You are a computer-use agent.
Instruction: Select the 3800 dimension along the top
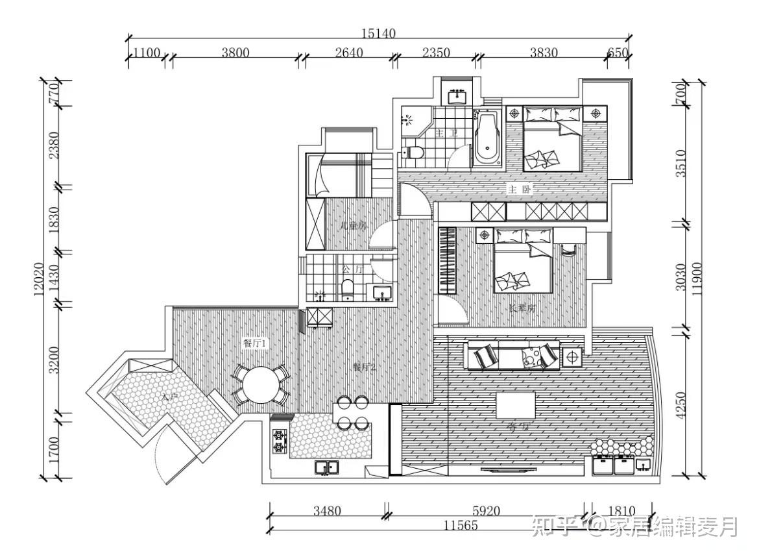click(x=235, y=53)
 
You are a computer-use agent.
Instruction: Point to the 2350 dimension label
click(x=435, y=53)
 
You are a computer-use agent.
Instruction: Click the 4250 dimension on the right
click(x=681, y=404)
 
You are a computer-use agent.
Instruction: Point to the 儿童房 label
click(x=354, y=226)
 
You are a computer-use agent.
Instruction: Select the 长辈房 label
click(x=522, y=308)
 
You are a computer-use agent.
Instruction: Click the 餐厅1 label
click(x=255, y=344)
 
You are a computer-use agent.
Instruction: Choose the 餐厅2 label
click(x=365, y=367)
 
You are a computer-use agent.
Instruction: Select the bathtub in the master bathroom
click(x=487, y=138)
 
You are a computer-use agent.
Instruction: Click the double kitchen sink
click(x=326, y=467)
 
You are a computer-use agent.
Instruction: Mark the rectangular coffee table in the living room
click(x=516, y=405)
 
